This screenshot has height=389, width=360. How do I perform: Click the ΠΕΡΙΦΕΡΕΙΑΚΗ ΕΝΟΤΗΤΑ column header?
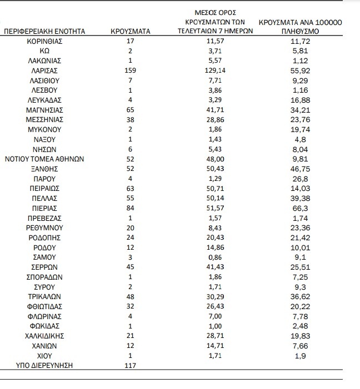44,32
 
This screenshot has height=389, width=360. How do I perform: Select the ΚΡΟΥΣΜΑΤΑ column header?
131,32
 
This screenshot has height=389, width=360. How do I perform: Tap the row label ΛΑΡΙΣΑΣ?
44,71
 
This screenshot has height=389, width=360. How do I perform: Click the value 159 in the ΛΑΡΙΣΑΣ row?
131,71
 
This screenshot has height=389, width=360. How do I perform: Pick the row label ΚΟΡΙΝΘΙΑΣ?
44,42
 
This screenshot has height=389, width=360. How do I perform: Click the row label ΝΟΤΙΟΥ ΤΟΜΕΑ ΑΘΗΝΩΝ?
44,158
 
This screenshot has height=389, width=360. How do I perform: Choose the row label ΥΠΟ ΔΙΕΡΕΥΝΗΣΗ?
44,365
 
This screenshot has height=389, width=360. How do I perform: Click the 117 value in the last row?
131,365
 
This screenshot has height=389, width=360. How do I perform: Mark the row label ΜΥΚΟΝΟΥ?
44,129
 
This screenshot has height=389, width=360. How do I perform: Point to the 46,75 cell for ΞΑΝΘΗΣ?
300,168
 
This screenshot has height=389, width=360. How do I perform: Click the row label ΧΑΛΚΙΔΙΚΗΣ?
44,336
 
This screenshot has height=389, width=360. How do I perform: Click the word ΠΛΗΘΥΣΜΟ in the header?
300,32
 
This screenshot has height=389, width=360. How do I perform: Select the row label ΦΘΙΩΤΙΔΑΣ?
44,306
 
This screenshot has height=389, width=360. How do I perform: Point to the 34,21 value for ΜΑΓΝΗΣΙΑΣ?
300,110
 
